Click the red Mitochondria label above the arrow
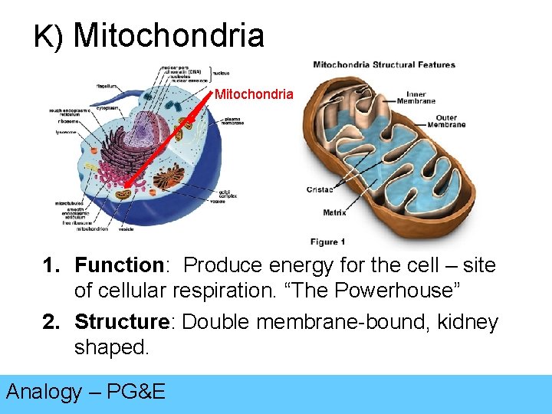click(x=254, y=94)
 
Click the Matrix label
click(x=333, y=212)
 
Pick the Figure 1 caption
click(x=328, y=242)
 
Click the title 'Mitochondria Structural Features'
click(x=384, y=65)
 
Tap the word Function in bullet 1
click(x=119, y=266)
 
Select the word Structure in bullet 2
click(x=125, y=322)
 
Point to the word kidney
click(x=468, y=322)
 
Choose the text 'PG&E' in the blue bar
click(x=136, y=392)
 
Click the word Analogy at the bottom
click(x=44, y=392)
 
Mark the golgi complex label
click(x=228, y=194)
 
